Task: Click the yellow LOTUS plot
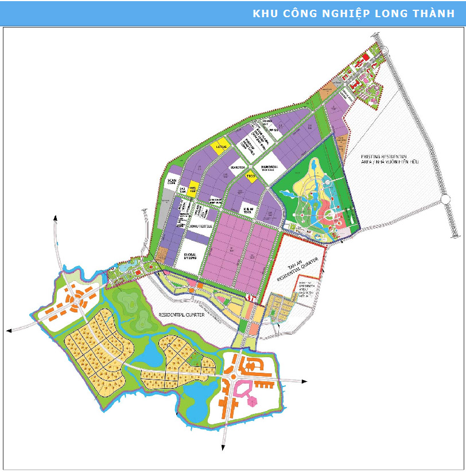coord(219,147)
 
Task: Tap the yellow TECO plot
coord(250,177)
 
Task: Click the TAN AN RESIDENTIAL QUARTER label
coord(297,268)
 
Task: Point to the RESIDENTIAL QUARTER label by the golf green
coord(180,315)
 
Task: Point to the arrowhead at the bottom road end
coord(223,449)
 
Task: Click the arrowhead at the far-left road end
coord(9,330)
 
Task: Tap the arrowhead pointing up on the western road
coord(56,217)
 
